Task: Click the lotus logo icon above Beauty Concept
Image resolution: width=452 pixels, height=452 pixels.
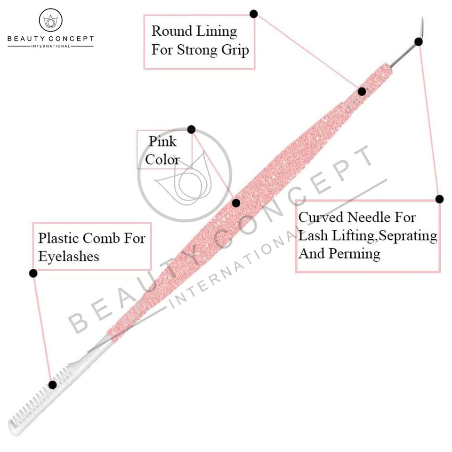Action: click(50, 21)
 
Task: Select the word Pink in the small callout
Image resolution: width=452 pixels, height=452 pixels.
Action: click(162, 141)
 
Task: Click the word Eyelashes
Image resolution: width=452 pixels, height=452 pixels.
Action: click(69, 256)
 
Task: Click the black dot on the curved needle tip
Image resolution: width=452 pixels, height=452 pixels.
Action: click(418, 41)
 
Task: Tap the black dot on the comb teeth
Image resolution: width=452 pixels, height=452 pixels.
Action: click(52, 385)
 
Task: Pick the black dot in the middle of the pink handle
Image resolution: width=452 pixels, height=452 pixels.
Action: click(236, 203)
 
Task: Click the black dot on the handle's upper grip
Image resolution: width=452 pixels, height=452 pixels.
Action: click(362, 91)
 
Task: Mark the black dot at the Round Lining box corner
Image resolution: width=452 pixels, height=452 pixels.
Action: click(253, 14)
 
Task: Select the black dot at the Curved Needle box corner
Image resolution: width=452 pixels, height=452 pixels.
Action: click(439, 199)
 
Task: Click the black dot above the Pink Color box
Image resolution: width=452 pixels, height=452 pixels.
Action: click(191, 129)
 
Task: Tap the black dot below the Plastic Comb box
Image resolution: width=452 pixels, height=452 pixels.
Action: click(33, 273)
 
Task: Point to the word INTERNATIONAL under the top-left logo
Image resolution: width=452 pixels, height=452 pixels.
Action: click(50, 46)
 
